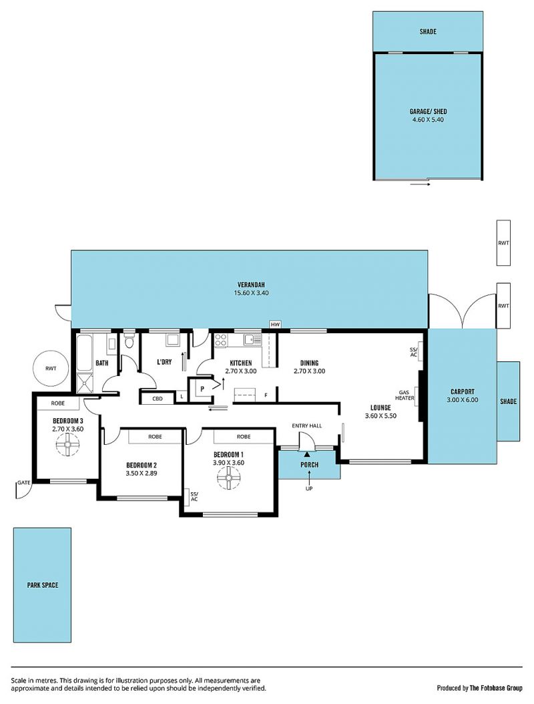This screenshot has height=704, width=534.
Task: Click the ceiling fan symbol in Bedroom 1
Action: point(229,478)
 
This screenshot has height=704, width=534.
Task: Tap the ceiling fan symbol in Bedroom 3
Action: point(67,445)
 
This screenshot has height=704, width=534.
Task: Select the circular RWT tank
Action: point(51,368)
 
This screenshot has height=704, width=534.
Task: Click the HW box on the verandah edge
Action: point(274,324)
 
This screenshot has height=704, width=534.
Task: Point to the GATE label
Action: point(24,483)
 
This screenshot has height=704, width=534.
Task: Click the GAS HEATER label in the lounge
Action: point(405,395)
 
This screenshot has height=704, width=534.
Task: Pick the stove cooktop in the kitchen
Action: point(220,341)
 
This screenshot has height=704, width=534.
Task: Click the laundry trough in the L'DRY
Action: point(173,340)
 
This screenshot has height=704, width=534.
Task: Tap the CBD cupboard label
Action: point(158,398)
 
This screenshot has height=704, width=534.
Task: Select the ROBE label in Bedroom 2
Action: point(155,436)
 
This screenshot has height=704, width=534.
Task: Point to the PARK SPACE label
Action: point(43,585)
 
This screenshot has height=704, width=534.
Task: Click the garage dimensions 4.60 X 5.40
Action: point(428,120)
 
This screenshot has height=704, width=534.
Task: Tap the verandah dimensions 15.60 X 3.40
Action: point(251,293)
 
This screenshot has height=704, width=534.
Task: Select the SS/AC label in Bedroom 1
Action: point(194,496)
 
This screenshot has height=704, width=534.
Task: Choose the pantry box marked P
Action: point(202,389)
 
